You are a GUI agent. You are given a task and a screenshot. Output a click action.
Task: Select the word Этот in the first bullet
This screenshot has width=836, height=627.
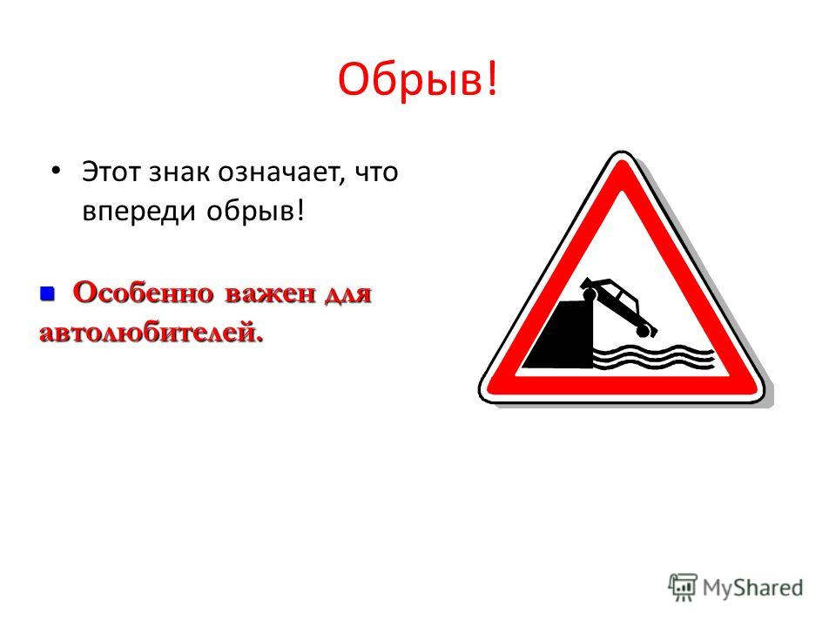[111, 172]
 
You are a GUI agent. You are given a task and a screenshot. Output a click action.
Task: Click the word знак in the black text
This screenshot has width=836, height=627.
[179, 172]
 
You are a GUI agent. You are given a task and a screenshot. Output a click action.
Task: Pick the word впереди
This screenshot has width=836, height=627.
[139, 211]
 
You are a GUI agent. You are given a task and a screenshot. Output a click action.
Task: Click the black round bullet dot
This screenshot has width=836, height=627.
[56, 170]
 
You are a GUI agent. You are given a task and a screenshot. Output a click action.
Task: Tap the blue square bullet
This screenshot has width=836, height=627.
[47, 293]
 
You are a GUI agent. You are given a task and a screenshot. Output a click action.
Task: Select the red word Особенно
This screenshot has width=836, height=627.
[144, 293]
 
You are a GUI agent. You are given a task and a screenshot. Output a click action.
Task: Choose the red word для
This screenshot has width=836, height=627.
[347, 294]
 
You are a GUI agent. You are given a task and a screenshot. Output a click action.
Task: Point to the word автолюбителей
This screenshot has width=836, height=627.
[152, 333]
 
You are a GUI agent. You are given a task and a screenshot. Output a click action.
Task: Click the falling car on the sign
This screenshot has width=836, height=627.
[618, 306]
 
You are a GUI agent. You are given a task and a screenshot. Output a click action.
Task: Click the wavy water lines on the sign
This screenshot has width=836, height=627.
[654, 357]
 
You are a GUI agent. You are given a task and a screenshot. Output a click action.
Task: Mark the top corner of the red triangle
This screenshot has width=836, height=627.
[621, 160]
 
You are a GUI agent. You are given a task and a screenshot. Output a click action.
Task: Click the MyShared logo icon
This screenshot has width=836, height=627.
[683, 588]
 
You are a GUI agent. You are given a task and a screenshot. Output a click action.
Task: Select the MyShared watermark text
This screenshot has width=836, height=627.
[752, 588]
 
